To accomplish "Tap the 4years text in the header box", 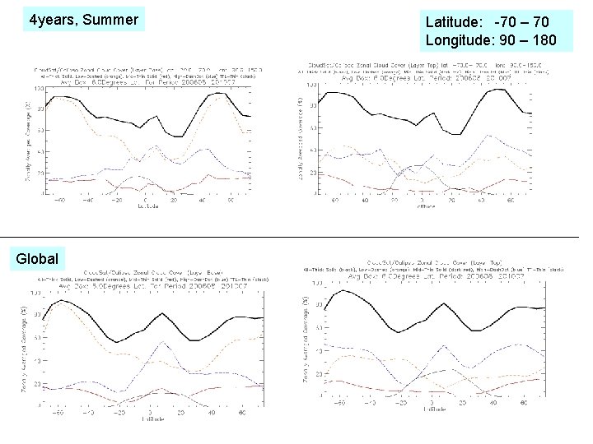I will [x=51, y=18].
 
